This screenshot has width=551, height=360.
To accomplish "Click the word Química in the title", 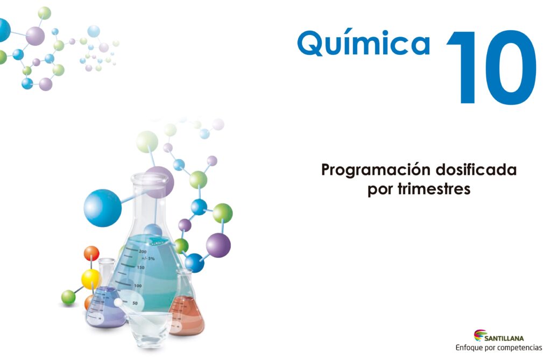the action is tap(363, 43).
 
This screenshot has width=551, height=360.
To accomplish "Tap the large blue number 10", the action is tap(492, 67).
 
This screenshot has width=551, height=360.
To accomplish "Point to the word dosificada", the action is tap(477, 170).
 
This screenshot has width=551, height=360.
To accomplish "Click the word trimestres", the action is tap(434, 189).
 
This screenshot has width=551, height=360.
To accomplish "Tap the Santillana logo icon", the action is tap(479, 335).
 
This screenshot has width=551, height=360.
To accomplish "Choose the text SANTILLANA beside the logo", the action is tap(504, 338).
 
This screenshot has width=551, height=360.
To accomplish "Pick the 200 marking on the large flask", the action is tap(143, 251).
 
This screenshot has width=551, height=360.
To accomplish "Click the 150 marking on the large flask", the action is tap(140, 267).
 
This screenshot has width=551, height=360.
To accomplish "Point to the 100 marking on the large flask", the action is tap(138, 286).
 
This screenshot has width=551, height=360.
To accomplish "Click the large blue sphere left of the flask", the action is tap(103, 208).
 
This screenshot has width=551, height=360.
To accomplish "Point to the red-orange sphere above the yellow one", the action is tap(91, 253).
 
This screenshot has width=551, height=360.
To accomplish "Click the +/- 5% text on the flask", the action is tap(148, 258).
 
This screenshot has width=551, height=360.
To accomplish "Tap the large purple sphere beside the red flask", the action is tap(218, 245).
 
